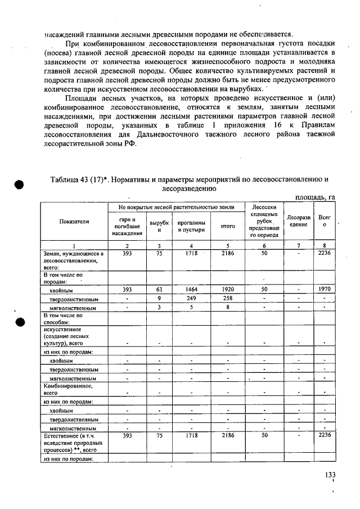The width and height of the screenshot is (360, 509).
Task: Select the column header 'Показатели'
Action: (x=74, y=222)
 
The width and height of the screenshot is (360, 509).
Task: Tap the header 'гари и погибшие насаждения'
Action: (x=127, y=225)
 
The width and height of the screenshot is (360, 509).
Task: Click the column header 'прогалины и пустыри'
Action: (x=191, y=226)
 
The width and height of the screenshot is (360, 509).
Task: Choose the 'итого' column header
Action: (x=227, y=226)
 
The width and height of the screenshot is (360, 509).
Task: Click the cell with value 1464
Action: (x=191, y=289)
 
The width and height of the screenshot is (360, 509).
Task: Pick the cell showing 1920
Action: (x=227, y=289)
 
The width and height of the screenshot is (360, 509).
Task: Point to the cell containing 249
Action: (x=191, y=298)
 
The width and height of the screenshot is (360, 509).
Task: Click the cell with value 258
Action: (x=227, y=298)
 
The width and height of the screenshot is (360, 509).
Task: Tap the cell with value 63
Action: (x=159, y=289)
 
